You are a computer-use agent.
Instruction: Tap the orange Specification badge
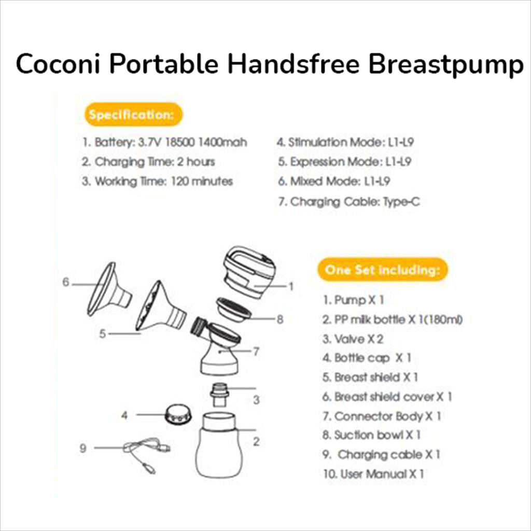tap(133, 115)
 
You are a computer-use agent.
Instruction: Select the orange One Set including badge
tap(382, 270)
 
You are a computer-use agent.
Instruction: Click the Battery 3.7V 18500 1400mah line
tap(165, 142)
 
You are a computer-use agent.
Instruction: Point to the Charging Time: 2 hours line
tap(148, 162)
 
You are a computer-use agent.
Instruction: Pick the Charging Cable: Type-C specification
tap(348, 202)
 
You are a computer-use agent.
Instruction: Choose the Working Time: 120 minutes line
tap(157, 181)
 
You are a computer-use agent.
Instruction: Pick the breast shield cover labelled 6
tap(108, 290)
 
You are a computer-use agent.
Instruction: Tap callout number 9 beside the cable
tap(83, 449)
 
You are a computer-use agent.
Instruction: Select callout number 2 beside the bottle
tap(256, 442)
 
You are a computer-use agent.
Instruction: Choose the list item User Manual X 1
tap(373, 473)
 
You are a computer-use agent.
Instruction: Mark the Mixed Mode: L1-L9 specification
tap(334, 181)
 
